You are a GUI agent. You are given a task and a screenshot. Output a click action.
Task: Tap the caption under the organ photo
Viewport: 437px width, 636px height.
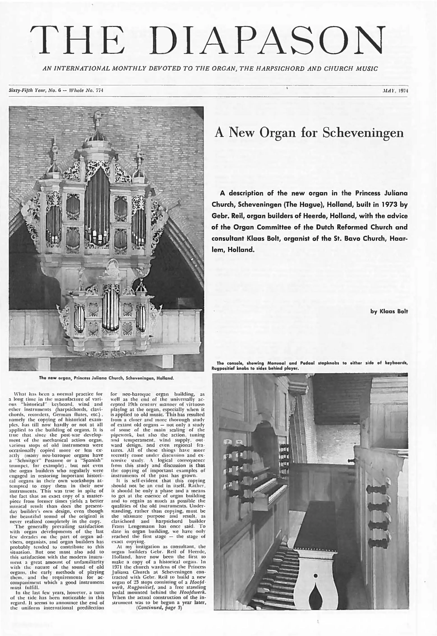106,378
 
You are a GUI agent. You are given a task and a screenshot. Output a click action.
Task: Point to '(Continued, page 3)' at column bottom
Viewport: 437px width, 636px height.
159,608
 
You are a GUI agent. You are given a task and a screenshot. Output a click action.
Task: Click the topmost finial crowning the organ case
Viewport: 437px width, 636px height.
97,117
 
